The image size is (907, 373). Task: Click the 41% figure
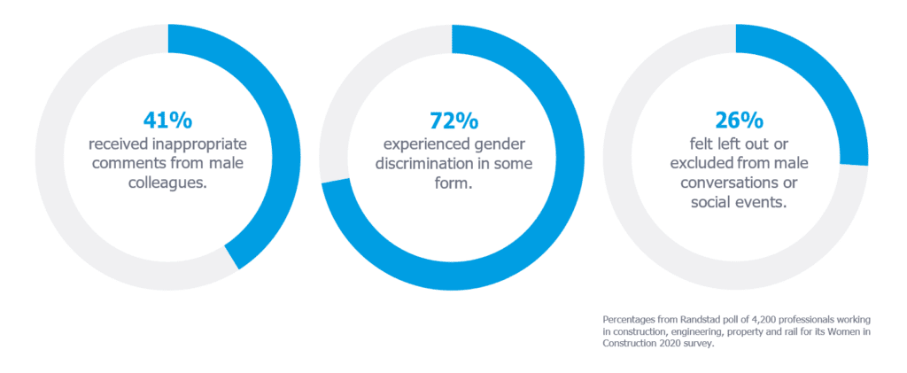tap(167, 119)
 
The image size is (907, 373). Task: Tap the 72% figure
tap(452, 119)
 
